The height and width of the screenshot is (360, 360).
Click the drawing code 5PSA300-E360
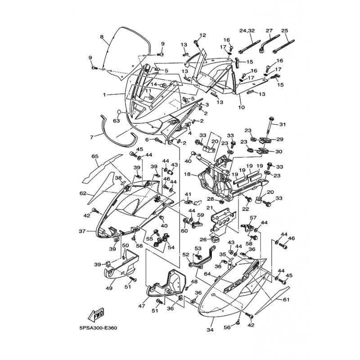[x=98, y=328]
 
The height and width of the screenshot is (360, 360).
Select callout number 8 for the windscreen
[x=102, y=37]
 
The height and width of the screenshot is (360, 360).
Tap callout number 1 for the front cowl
[x=104, y=94]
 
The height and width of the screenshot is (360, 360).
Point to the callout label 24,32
[x=247, y=31]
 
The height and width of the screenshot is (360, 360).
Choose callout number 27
[x=269, y=31]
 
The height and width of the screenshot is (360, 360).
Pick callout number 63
[x=117, y=120]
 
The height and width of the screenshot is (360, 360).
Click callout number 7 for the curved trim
[x=92, y=137]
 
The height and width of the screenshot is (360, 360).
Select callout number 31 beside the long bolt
[x=283, y=125]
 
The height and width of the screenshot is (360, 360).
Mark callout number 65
[x=95, y=156]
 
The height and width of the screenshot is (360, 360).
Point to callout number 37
[x=82, y=231]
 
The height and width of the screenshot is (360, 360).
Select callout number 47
[x=142, y=306]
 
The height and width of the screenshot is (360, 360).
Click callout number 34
[x=210, y=330]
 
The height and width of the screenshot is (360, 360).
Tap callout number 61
[x=286, y=300]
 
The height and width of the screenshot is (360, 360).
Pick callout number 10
[x=242, y=107]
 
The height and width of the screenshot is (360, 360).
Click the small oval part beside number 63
[x=119, y=112]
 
